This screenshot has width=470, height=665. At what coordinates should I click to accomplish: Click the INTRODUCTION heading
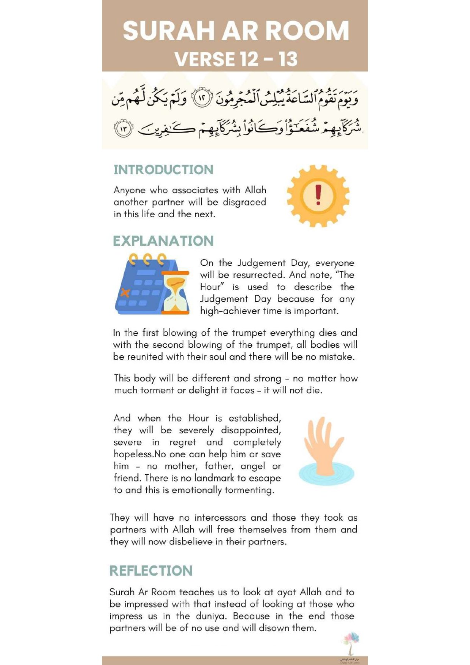coord(163,169)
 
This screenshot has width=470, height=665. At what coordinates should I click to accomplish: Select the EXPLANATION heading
coord(163,241)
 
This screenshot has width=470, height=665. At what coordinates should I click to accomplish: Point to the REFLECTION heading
coord(151,571)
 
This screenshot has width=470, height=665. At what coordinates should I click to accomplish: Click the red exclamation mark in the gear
coord(318,194)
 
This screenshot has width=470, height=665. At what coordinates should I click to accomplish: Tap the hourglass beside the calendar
coord(175,293)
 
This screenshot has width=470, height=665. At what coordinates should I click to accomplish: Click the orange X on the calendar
coord(125,293)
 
